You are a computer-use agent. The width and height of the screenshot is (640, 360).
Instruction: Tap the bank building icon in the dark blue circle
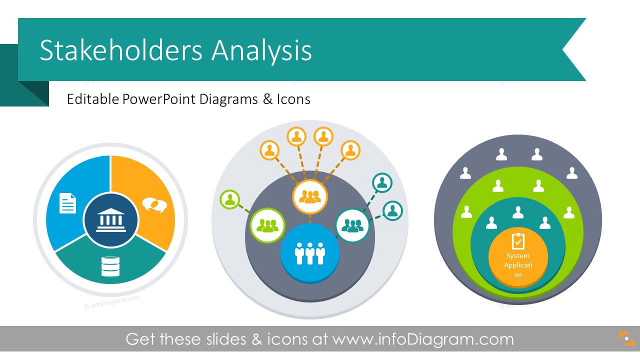coord(110,220)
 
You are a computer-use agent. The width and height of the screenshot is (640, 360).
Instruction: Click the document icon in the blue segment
coord(67,203)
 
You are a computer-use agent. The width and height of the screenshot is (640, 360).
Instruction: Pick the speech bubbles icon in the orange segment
coord(154,205)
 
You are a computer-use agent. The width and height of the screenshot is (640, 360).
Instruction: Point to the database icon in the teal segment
coord(110,266)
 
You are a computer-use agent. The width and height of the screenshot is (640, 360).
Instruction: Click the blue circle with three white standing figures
coord(310,252)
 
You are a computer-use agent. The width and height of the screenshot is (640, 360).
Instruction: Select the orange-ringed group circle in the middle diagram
coord(310,196)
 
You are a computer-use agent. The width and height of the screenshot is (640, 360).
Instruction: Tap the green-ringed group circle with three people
coord(267,225)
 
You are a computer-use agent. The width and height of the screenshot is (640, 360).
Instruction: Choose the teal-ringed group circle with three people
coord(352,225)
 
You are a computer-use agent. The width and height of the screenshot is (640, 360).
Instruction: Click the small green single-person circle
coord(229,200)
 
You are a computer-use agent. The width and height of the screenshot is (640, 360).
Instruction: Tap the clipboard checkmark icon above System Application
coord(518,241)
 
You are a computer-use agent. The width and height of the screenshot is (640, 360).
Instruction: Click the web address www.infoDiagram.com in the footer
coord(423,339)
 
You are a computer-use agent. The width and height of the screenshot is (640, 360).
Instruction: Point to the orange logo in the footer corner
coord(626,338)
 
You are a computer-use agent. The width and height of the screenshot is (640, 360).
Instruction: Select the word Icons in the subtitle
coord(293,99)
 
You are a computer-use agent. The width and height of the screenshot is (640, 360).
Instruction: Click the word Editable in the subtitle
coord(93,99)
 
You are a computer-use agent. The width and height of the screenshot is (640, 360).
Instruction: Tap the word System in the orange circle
coord(518,256)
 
